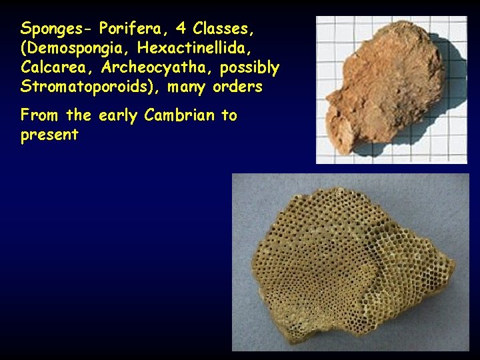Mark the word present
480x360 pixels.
click(x=49, y=135)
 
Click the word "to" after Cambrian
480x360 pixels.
click(x=229, y=115)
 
